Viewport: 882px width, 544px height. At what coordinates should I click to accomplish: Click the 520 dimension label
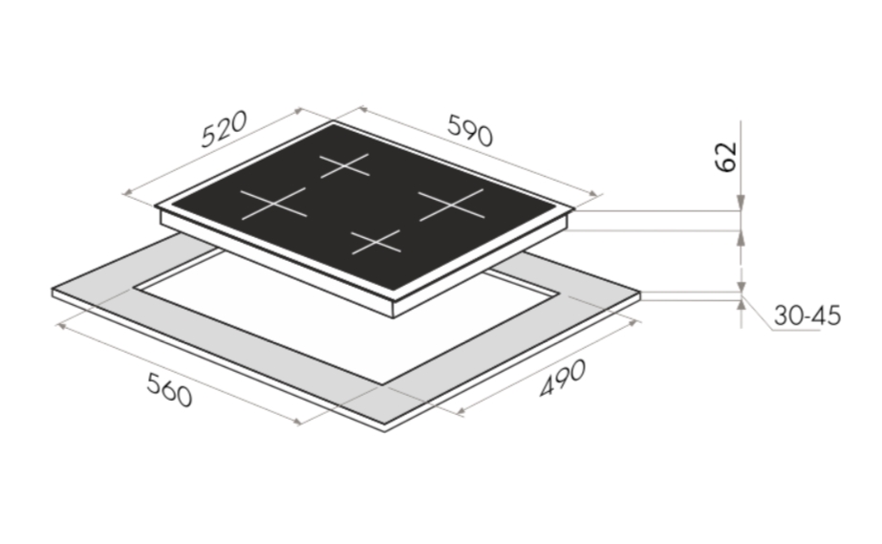click(224, 129)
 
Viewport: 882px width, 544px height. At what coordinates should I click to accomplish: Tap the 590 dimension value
click(470, 131)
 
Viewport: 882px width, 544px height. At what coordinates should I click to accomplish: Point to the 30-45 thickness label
click(807, 316)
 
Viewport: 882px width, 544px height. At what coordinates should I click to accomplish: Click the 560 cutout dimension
click(169, 390)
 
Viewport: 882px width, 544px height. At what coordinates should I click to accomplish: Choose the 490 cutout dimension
click(563, 378)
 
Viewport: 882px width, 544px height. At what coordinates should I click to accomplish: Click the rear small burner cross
click(345, 166)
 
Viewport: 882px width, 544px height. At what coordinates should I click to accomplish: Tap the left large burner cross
click(274, 204)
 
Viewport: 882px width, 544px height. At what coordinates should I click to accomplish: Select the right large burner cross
click(451, 205)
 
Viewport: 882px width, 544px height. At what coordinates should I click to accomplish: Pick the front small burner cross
click(376, 242)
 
